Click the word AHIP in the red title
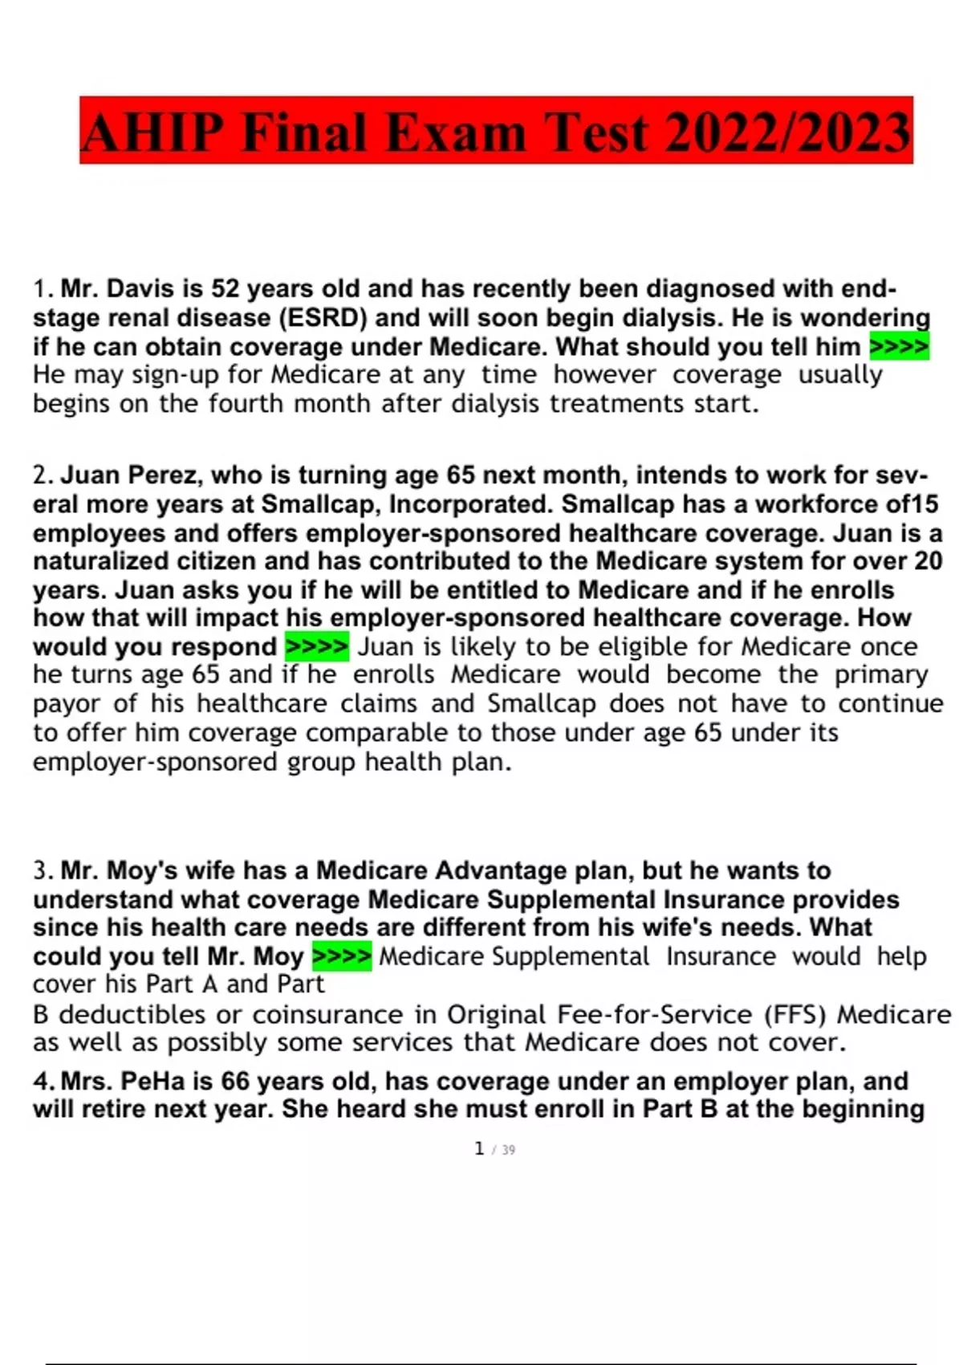pos(152,132)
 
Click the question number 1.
pos(42,288)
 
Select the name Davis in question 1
pos(137,288)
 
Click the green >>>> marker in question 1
pos(899,347)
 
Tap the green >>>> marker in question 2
pos(316,646)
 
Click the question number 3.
pos(42,870)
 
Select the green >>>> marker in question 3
pos(341,956)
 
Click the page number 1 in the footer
pos(479,1149)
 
